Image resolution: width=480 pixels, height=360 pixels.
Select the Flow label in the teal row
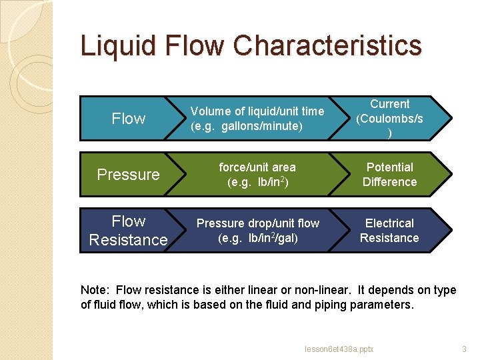pyautogui.click(x=129, y=119)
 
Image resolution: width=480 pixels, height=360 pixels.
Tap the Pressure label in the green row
pyautogui.click(x=129, y=175)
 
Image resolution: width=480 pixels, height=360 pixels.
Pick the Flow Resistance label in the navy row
pyautogui.click(x=129, y=230)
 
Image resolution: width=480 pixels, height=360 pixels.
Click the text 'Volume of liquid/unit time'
pyautogui.click(x=257, y=111)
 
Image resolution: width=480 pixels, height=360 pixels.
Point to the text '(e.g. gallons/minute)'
pyautogui.click(x=247, y=125)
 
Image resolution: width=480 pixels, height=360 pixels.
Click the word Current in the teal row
pyautogui.click(x=390, y=104)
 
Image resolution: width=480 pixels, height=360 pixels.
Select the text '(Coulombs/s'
pyautogui.click(x=390, y=119)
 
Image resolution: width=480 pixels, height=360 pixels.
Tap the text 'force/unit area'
pyautogui.click(x=257, y=167)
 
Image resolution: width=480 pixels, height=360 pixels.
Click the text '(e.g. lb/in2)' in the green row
pyautogui.click(x=257, y=182)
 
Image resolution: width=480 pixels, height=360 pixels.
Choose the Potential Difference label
pyautogui.click(x=390, y=175)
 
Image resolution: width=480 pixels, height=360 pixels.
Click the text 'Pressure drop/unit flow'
pyautogui.click(x=257, y=223)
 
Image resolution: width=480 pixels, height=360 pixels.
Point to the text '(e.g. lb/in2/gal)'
pyautogui.click(x=257, y=238)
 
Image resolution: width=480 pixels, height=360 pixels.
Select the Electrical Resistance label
pyautogui.click(x=390, y=231)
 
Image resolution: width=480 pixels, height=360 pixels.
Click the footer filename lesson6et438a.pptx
pyautogui.click(x=339, y=349)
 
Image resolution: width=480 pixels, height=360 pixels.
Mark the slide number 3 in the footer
pyautogui.click(x=464, y=349)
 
